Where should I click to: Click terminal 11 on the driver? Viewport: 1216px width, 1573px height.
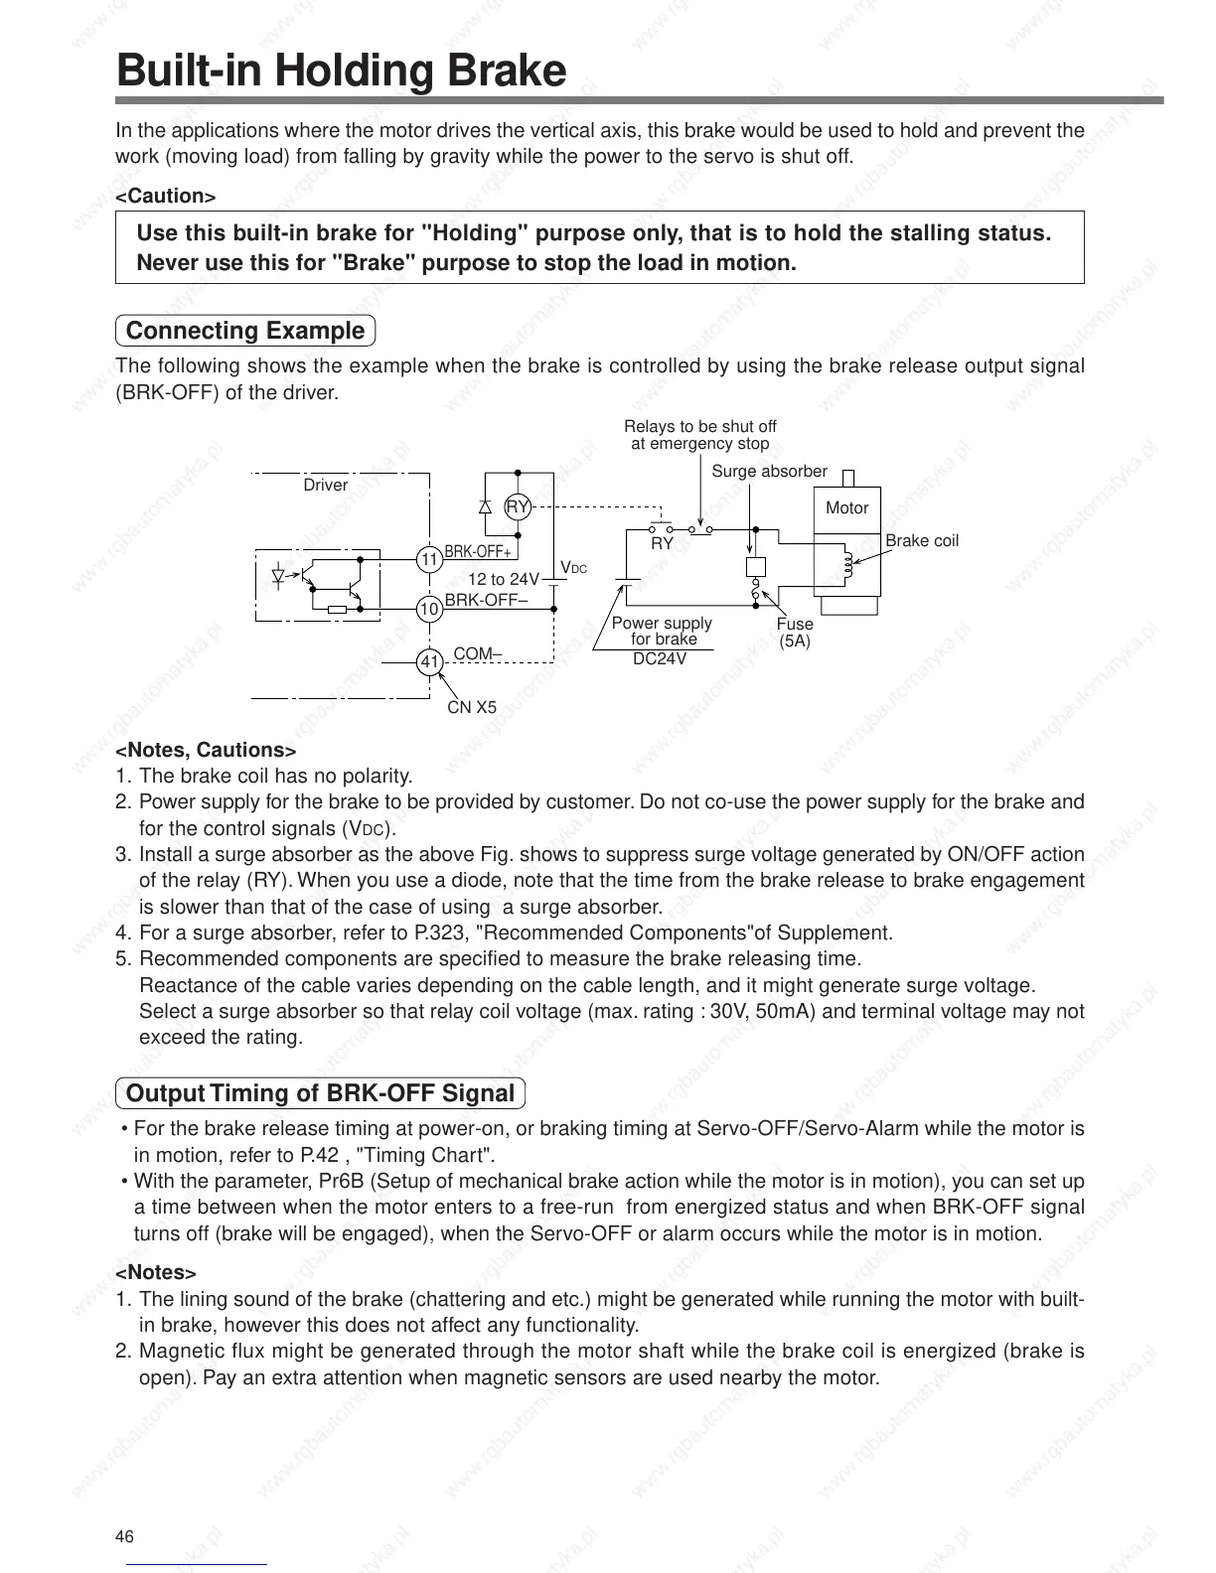(x=429, y=559)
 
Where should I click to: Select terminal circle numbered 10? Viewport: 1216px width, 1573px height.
(x=429, y=609)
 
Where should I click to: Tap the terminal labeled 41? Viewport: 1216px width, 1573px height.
(x=429, y=661)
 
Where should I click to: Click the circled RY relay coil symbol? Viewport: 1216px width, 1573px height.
(x=518, y=506)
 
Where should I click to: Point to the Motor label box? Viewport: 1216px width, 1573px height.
(x=846, y=508)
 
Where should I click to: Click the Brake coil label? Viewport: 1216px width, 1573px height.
(x=921, y=541)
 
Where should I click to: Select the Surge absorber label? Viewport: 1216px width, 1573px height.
(x=769, y=472)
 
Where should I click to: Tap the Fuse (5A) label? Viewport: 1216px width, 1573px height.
(x=795, y=633)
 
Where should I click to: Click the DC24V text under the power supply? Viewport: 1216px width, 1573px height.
(x=660, y=658)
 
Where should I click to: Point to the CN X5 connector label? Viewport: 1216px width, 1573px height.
(x=472, y=708)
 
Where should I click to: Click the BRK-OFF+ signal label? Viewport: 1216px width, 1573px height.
(x=478, y=552)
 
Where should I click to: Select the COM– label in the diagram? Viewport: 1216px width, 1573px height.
(x=478, y=653)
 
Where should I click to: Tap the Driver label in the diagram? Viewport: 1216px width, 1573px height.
(x=326, y=486)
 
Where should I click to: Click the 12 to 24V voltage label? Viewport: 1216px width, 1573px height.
(x=504, y=579)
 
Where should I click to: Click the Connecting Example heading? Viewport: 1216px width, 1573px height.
(x=245, y=331)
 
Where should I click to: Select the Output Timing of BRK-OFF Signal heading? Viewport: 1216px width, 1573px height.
(x=320, y=1093)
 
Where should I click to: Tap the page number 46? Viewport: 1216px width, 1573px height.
(x=124, y=1537)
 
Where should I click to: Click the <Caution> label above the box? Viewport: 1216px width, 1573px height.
(x=166, y=196)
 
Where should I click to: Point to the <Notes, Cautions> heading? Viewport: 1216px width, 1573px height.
(x=206, y=750)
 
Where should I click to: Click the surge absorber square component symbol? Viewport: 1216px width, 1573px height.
(x=755, y=566)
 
